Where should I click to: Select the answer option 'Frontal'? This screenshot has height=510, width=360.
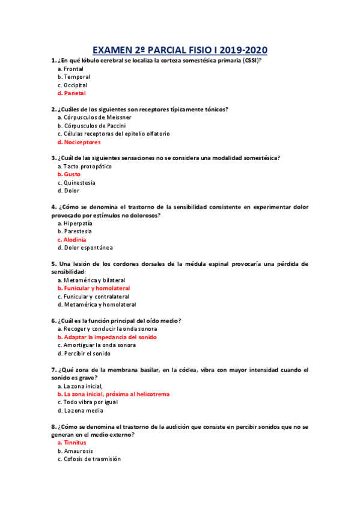click(73, 69)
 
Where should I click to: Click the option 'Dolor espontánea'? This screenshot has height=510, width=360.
click(85, 248)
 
